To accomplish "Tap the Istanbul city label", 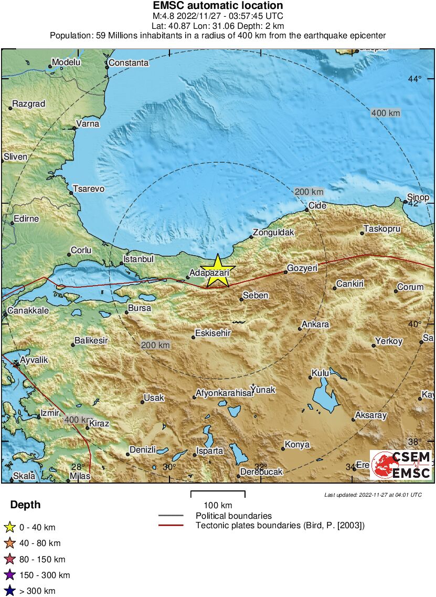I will pos(139,259).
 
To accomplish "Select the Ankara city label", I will pos(316,324).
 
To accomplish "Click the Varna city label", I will pos(87,124).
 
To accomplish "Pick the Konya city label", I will pos(297,445).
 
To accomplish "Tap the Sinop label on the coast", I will pos(418,197).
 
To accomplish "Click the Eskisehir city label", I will pos(213,333).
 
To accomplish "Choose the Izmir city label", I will pos(50,413).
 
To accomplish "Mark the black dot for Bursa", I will pos(126,312).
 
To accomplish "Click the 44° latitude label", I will pos(415,79).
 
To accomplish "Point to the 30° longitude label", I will pos(169,467).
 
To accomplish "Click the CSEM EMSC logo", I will pos(401,465).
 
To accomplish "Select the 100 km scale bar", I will pos(218,494).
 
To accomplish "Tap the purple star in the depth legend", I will pos(9,575).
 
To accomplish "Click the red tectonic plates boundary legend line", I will pos(171,525).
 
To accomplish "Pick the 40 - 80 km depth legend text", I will pos(40,543).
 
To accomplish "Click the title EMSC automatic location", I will pos(218,6).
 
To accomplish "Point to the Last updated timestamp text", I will pos(373,495).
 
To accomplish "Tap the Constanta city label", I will pos(128,63).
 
